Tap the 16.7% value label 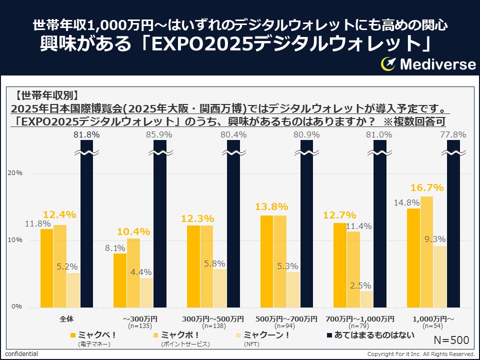(x=427, y=188)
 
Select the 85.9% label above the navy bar (x=159, y=134)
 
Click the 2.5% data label (x=360, y=285)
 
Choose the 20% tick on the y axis (x=16, y=173)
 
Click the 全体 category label (x=67, y=318)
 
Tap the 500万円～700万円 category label (x=286, y=318)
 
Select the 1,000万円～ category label (x=433, y=318)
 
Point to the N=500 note (x=451, y=340)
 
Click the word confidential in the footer (x=21, y=354)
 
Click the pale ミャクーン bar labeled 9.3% (x=440, y=276)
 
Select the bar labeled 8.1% (x=120, y=280)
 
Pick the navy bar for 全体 (x=86, y=225)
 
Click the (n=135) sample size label (x=140, y=325)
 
